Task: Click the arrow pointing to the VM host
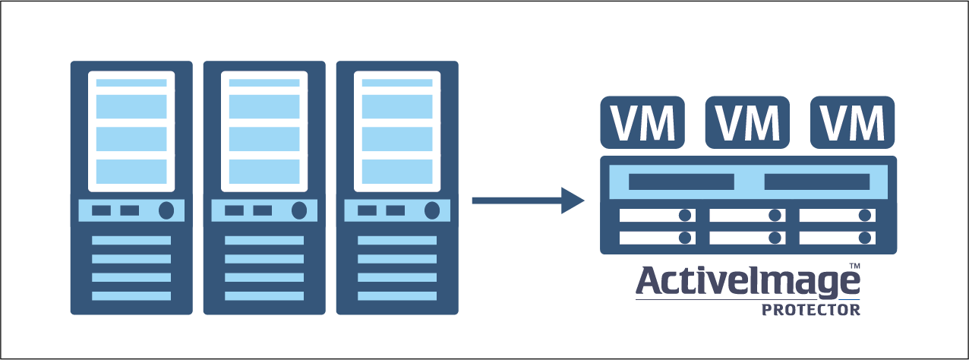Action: point(528,201)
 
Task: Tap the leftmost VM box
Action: point(642,122)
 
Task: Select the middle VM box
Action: point(748,122)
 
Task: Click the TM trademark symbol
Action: point(854,266)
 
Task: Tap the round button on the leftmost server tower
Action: point(166,210)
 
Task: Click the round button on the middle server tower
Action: point(299,210)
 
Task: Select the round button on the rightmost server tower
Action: point(431,210)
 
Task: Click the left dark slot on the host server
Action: point(681,182)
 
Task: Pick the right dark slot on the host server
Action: point(816,182)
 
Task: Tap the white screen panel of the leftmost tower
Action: point(131,131)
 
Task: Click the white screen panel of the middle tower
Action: point(264,131)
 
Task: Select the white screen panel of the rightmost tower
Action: point(397,131)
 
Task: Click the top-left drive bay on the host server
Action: point(657,216)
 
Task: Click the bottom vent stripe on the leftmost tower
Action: point(131,295)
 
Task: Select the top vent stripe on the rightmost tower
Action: point(397,240)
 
